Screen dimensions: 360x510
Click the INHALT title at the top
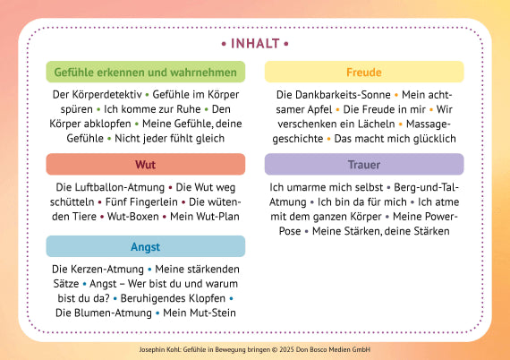[x=255, y=43]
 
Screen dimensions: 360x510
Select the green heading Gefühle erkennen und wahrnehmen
[x=146, y=72]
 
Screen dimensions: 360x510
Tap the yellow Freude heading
[x=363, y=72]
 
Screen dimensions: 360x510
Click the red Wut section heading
[x=146, y=166]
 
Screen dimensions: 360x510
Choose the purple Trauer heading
[x=363, y=165]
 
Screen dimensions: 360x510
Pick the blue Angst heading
[x=146, y=246]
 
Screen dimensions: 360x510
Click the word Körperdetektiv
[x=105, y=93]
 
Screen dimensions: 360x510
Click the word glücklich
[x=431, y=138]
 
